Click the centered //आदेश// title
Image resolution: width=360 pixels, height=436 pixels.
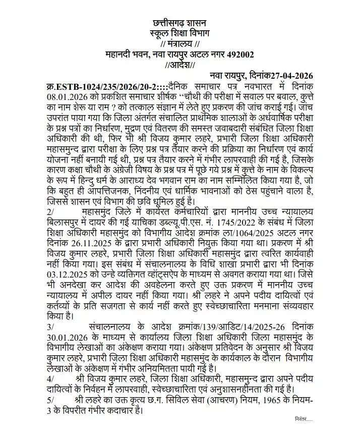(180, 65)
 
